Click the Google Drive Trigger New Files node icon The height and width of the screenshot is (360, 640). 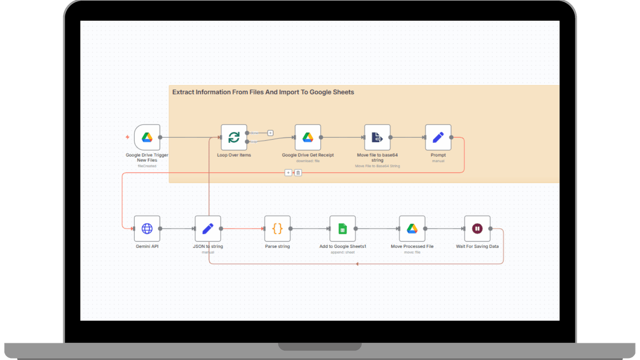[x=147, y=137]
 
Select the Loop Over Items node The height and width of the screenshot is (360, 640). [x=234, y=137]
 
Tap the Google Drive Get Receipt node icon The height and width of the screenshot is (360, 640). [x=308, y=137]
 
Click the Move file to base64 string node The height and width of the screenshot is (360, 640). [x=377, y=137]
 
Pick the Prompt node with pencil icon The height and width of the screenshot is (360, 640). [x=438, y=137]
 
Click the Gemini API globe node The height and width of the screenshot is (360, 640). [x=147, y=228]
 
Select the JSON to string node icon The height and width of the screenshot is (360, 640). [x=208, y=228]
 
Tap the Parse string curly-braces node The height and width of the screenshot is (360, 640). [x=277, y=228]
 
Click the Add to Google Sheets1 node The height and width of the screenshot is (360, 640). [x=342, y=228]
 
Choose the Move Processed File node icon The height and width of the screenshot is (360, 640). [x=412, y=228]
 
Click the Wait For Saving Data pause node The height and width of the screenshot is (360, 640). [x=477, y=228]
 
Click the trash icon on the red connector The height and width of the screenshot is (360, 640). [x=298, y=173]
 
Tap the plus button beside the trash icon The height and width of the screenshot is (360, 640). [x=288, y=173]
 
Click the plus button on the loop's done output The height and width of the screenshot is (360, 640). [x=270, y=133]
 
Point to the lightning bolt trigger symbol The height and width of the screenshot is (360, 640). [x=128, y=137]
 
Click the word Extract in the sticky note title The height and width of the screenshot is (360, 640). [x=183, y=92]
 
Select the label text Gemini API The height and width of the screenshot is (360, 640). [x=147, y=246]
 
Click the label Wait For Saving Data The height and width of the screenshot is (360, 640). [x=477, y=246]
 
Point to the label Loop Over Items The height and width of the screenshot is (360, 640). [x=234, y=155]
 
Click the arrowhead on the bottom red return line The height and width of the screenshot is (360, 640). [x=357, y=264]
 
